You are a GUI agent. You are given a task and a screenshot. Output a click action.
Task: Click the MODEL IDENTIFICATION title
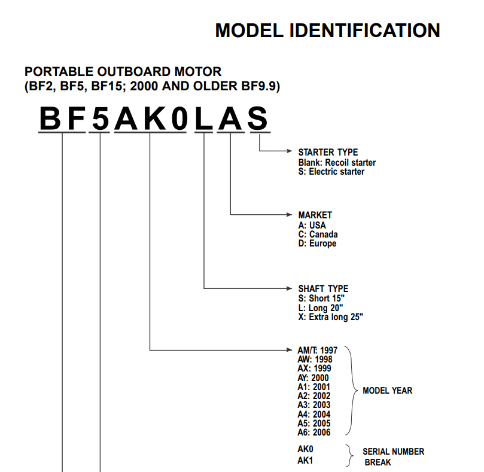(327, 31)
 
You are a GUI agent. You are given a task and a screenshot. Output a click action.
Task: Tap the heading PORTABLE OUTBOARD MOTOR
(123, 72)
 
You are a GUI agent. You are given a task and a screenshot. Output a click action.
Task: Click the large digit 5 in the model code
(101, 118)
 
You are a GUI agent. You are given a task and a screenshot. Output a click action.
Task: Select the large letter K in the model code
(154, 118)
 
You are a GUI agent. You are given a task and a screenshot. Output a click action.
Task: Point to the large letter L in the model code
(204, 118)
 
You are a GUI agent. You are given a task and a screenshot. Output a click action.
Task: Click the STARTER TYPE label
(328, 152)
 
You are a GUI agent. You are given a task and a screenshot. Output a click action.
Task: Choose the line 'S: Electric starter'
(331, 172)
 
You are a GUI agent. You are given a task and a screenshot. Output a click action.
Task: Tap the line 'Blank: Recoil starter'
(337, 162)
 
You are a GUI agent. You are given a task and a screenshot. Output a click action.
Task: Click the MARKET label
(315, 215)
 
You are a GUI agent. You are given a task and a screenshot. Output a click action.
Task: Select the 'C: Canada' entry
(318, 235)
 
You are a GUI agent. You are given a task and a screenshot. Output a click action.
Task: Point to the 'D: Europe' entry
(317, 243)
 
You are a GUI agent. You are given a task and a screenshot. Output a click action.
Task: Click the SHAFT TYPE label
(323, 288)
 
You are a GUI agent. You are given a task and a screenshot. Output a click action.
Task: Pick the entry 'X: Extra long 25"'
(331, 317)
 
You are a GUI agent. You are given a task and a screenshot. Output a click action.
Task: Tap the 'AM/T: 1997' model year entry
(317, 351)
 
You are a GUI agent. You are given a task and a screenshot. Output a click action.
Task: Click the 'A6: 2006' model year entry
(314, 433)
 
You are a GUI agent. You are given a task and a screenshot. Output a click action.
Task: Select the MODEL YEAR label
(388, 391)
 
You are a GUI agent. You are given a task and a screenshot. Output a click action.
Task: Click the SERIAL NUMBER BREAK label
(394, 457)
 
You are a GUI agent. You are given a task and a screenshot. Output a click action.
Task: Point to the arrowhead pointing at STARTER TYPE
(289, 151)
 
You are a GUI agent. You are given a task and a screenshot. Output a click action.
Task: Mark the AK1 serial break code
(305, 461)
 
